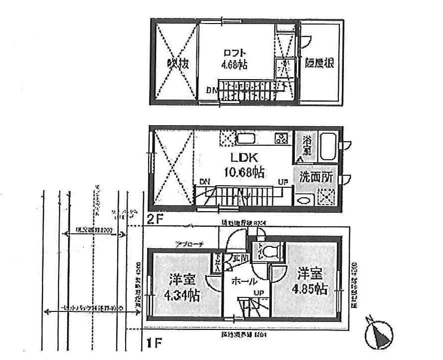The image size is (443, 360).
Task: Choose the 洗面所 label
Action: [316, 177]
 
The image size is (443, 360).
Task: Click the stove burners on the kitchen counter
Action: [281, 138]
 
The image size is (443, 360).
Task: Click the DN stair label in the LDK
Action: [204, 181]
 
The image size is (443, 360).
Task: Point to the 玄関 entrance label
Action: [235, 258]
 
